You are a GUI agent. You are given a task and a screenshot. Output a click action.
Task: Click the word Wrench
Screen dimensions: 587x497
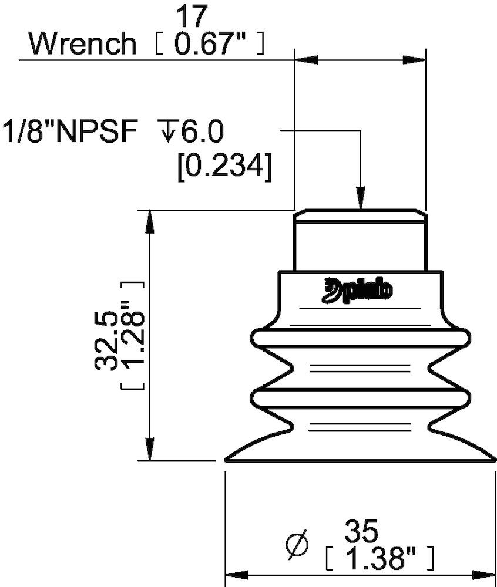pyautogui.click(x=82, y=43)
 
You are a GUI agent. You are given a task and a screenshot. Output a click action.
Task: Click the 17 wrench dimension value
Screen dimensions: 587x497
pyautogui.click(x=193, y=16)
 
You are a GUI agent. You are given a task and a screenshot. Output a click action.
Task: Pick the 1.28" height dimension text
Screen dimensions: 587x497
pyautogui.click(x=133, y=336)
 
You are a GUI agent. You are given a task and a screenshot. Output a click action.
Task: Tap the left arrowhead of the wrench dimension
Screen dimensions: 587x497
pyautogui.click(x=304, y=60)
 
